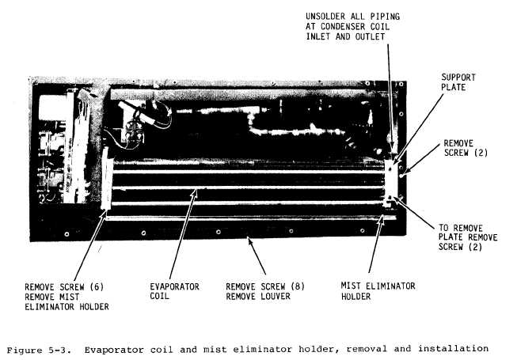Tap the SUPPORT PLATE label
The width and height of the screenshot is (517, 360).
(458, 82)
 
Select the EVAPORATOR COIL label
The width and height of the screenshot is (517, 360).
(174, 291)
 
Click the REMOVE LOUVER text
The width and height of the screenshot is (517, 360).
(258, 296)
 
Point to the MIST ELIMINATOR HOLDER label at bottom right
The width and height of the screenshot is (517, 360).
(378, 291)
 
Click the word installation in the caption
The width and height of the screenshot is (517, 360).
(454, 348)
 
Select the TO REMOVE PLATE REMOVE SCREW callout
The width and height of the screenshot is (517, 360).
(468, 237)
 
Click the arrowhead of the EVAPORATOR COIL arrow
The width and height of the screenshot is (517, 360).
(196, 191)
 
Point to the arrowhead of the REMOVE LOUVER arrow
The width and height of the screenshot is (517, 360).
(250, 241)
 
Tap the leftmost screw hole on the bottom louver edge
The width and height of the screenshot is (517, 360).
(67, 234)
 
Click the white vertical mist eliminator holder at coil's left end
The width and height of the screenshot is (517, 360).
(105, 178)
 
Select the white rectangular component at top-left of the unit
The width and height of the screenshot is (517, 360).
(52, 108)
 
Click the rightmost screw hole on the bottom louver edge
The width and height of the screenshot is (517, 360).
(363, 230)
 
